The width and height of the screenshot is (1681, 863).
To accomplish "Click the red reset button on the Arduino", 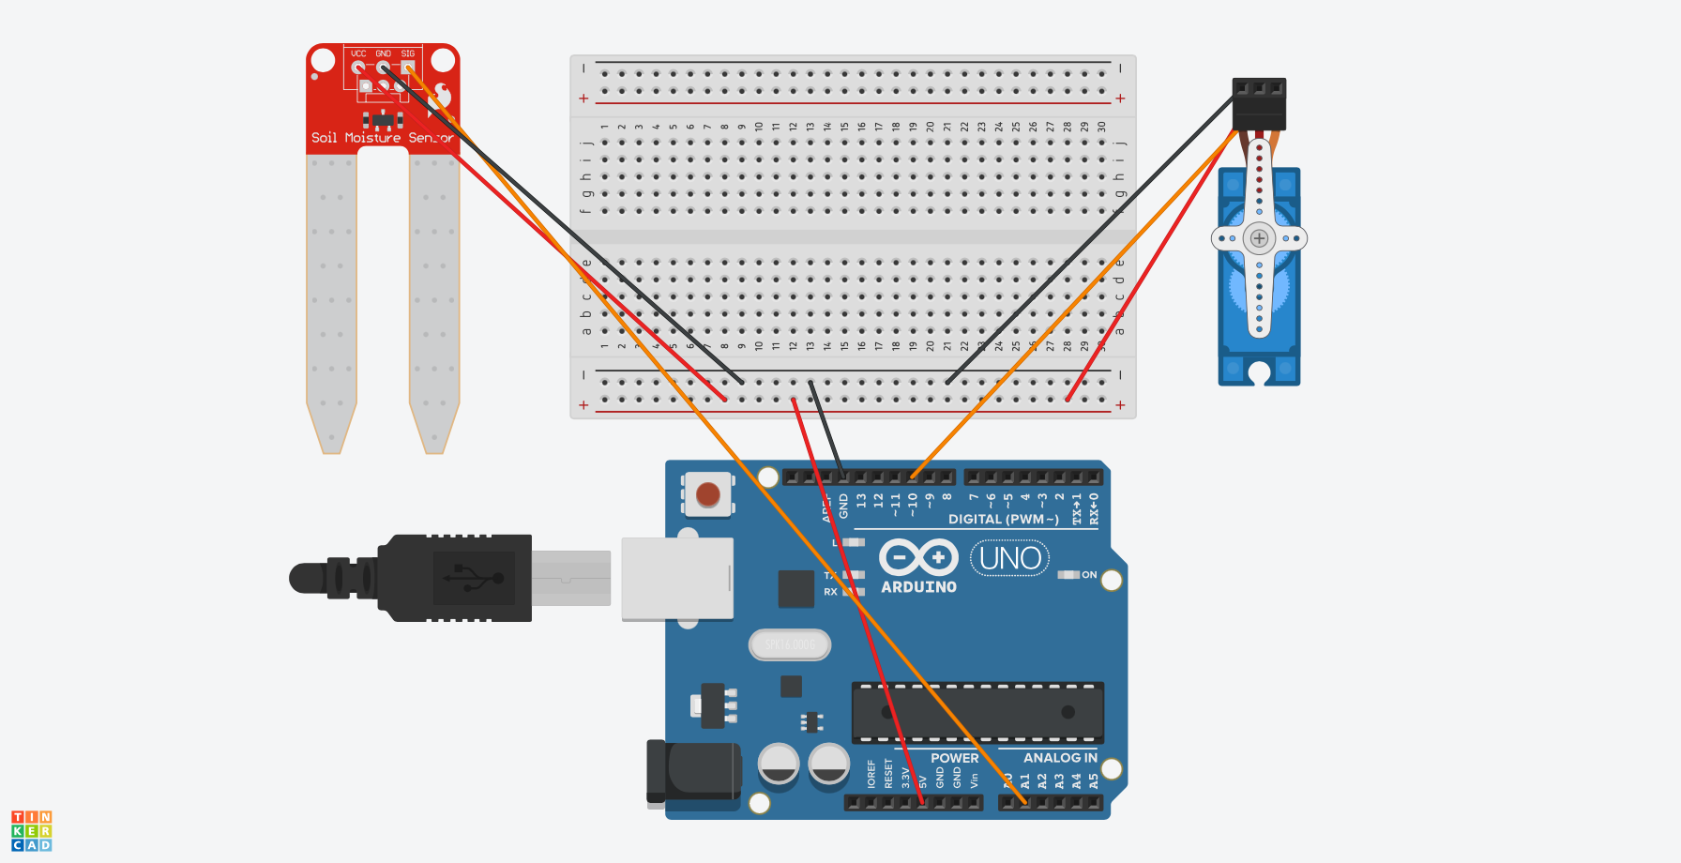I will point(708,493).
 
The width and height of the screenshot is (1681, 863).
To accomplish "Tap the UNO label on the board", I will point(1009,559).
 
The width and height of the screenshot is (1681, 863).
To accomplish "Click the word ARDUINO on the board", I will point(918,587).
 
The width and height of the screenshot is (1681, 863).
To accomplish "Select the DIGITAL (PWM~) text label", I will point(1003,520).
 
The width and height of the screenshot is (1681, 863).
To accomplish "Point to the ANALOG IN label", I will point(1059,758).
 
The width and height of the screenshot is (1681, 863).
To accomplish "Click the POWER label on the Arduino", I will point(954,758).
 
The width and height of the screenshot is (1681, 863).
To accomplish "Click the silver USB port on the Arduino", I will point(676,579).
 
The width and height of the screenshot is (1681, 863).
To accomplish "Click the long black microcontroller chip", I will point(977,713).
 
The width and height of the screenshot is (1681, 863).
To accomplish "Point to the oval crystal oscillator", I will point(790,644).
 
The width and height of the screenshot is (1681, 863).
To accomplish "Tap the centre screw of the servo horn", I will point(1259,238).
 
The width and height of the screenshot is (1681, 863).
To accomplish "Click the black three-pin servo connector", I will point(1259,103).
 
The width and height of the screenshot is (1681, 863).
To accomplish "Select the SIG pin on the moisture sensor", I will point(408,68).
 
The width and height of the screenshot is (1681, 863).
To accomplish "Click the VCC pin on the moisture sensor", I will point(358,68).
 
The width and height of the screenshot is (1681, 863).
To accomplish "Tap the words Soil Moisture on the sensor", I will point(356,138).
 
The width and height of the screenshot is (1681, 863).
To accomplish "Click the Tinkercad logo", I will point(31,831).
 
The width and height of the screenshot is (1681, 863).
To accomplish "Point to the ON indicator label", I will point(1088,575).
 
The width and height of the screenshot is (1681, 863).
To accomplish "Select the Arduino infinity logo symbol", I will point(917,557).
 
